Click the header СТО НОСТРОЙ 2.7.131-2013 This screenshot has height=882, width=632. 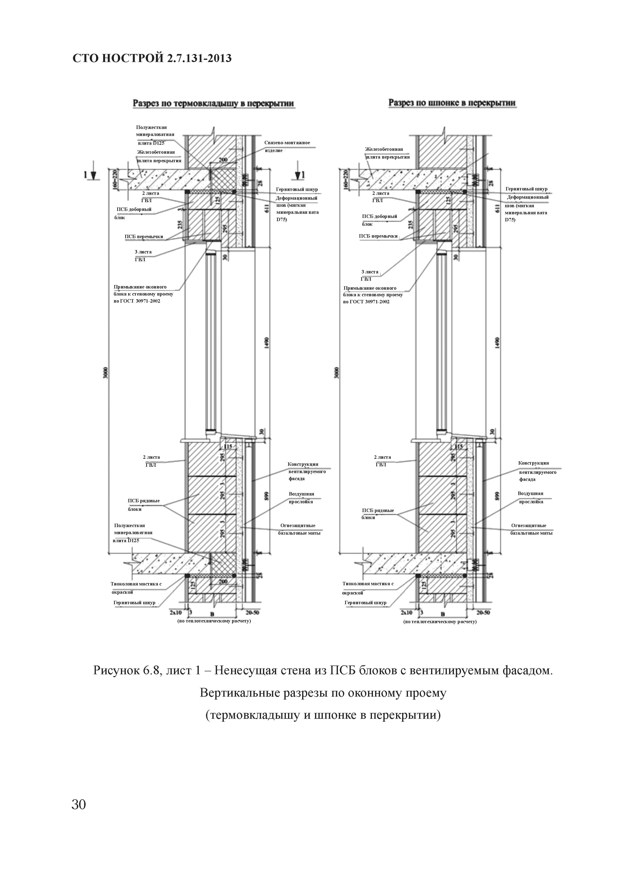[152, 58]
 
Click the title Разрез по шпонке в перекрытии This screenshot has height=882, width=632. [452, 103]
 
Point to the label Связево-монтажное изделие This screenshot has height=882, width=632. [287, 146]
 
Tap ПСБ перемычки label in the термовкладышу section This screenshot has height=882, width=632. [144, 236]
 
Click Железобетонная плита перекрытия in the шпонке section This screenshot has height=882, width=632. [387, 153]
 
